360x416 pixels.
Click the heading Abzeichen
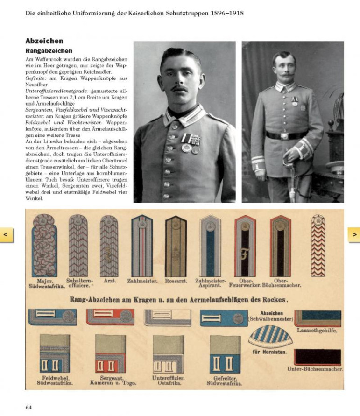click(44, 41)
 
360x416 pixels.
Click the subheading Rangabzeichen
click(49, 50)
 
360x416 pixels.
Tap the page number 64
click(28, 407)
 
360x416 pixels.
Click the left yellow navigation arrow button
click(6, 234)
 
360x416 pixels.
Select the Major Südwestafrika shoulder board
click(44, 246)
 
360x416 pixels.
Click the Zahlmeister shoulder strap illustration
click(141, 246)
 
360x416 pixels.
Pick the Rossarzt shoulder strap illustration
click(176, 246)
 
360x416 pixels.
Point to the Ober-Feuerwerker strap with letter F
click(245, 246)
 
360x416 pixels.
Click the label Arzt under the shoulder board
click(109, 282)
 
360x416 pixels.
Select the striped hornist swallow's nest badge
click(270, 336)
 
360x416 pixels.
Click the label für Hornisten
click(269, 352)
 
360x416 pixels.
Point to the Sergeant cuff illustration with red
click(111, 353)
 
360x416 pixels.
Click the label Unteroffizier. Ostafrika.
click(168, 380)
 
